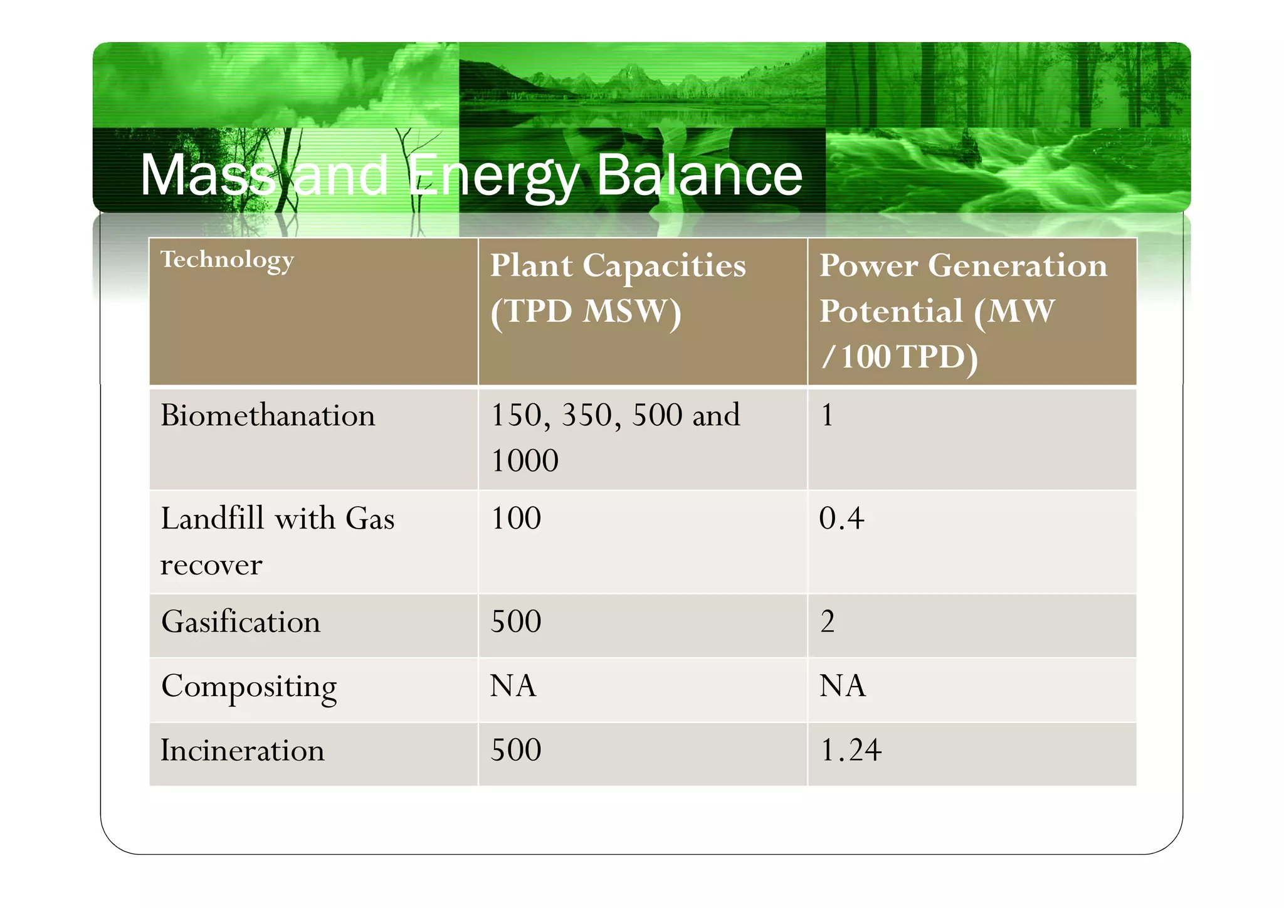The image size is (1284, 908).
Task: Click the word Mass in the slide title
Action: pos(207,175)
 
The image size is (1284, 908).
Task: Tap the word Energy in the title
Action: pos(494,175)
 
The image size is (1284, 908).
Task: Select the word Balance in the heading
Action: pos(699,175)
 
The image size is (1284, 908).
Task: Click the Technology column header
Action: pos(227,260)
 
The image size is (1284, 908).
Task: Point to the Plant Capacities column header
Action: pos(618,288)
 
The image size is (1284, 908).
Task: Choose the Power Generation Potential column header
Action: pos(963,310)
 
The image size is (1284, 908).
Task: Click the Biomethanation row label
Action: pos(268,416)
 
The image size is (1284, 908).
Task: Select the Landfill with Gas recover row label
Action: pos(277,541)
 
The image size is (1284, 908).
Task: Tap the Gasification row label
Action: pos(241,622)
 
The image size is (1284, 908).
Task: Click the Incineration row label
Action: pos(243,751)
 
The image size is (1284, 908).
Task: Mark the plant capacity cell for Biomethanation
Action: pos(614,437)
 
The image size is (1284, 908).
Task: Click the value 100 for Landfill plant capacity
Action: pos(515,519)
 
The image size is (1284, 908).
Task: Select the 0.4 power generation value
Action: pos(841,519)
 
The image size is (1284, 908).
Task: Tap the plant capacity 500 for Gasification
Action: pos(515,622)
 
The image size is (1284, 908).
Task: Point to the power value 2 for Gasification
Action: pos(828,622)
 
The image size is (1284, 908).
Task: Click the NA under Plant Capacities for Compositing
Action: pos(513,686)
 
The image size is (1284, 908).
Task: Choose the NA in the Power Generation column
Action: pos(843,686)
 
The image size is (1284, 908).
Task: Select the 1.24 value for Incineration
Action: pos(851,751)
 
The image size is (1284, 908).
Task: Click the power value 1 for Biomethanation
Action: pos(827,416)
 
